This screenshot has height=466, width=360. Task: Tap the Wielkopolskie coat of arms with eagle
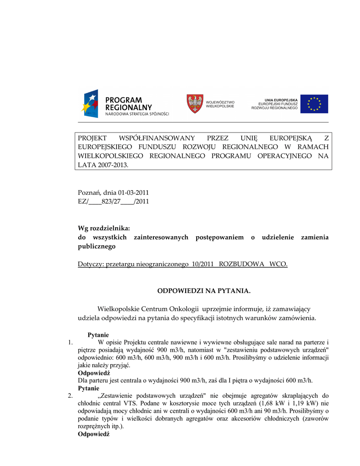tap(195, 104)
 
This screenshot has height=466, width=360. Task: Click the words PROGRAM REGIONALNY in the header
tap(124, 103)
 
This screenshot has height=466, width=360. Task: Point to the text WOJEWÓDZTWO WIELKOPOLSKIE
tap(220, 104)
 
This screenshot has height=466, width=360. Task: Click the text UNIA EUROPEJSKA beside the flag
tap(281, 100)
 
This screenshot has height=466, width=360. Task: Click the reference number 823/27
tap(111, 201)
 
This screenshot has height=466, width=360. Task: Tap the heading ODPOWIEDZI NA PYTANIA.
tap(204, 290)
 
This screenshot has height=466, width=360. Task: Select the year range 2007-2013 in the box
tap(112, 165)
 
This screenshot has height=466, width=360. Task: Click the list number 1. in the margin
tap(70, 342)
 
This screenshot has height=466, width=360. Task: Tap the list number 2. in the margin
tap(70, 396)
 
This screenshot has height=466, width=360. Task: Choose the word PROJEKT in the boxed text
tap(92, 138)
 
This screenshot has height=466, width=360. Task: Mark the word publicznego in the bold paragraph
tap(97, 246)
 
